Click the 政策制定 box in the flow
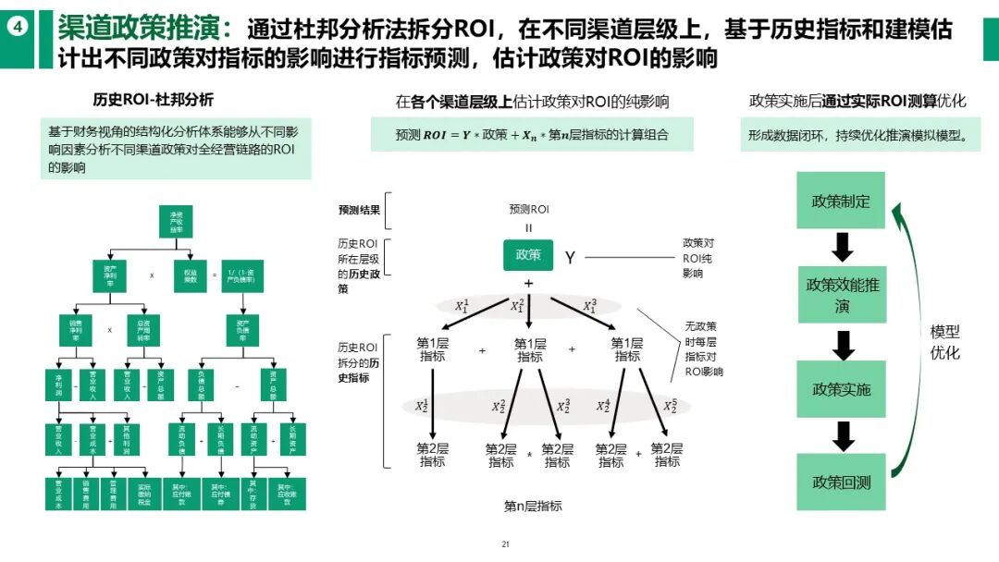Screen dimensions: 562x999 pos(841,201)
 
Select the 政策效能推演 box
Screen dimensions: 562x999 pos(841,295)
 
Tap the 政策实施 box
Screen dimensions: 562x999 pos(841,389)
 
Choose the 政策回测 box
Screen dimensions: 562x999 pos(841,482)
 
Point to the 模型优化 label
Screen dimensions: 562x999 pos(944,341)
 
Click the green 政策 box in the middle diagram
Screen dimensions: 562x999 pos(528,255)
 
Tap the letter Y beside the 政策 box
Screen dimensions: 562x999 pos(570,258)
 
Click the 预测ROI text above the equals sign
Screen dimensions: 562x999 pos(528,210)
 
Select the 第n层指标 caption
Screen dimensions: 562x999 pos(532,506)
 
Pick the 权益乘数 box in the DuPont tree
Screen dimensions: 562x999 pos(190,276)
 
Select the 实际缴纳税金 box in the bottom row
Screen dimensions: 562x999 pos(143,494)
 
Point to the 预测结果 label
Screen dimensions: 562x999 pos(359,210)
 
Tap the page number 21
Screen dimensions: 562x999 pos(505,544)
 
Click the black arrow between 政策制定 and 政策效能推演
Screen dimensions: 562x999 pos(841,247)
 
